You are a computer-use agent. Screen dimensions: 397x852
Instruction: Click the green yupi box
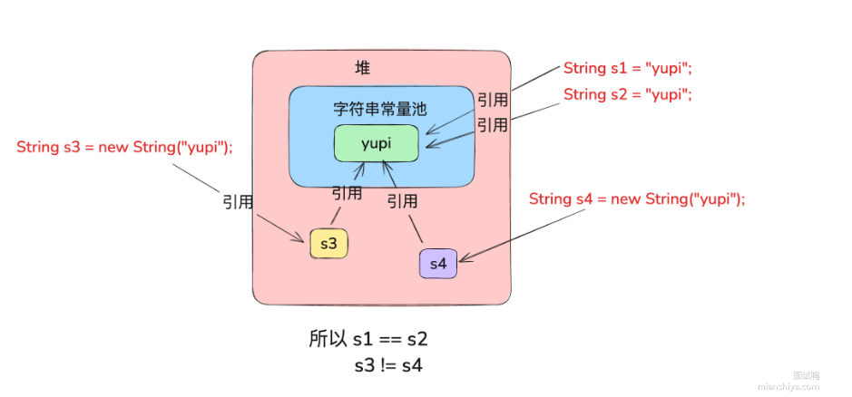click(377, 143)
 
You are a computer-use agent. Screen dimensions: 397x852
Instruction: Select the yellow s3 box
click(328, 243)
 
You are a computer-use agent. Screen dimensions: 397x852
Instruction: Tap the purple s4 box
click(438, 264)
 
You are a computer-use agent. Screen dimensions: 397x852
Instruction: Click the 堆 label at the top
click(363, 69)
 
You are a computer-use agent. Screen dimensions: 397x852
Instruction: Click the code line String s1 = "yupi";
click(627, 68)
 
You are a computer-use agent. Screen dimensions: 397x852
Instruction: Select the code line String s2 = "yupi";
click(627, 94)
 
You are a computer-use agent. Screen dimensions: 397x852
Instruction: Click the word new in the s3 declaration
click(113, 147)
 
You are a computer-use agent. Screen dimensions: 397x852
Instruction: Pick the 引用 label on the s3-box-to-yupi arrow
click(347, 193)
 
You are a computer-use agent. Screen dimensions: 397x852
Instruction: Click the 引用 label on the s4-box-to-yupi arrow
click(402, 200)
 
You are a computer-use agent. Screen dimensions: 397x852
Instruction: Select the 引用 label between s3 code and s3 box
click(238, 202)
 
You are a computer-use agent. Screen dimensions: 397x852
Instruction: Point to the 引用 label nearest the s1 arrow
click(493, 99)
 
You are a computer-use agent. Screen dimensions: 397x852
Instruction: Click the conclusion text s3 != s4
click(388, 366)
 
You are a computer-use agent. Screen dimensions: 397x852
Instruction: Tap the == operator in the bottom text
click(387, 340)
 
